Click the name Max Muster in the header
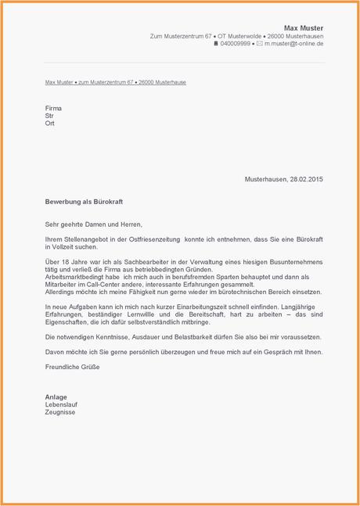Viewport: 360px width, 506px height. (x=303, y=28)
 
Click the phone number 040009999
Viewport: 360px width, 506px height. (x=236, y=44)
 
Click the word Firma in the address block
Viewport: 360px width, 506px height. (x=54, y=104)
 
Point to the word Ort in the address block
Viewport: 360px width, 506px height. (x=50, y=123)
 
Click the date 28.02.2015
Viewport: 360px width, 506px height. (x=305, y=179)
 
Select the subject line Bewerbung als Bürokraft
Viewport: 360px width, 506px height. (x=84, y=202)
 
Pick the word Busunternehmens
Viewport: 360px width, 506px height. (x=293, y=261)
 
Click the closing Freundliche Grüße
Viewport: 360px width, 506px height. (x=76, y=366)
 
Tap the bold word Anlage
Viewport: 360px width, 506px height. (x=56, y=396)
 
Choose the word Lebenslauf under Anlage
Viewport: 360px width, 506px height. (x=62, y=404)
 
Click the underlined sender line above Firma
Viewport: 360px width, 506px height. (x=115, y=82)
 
